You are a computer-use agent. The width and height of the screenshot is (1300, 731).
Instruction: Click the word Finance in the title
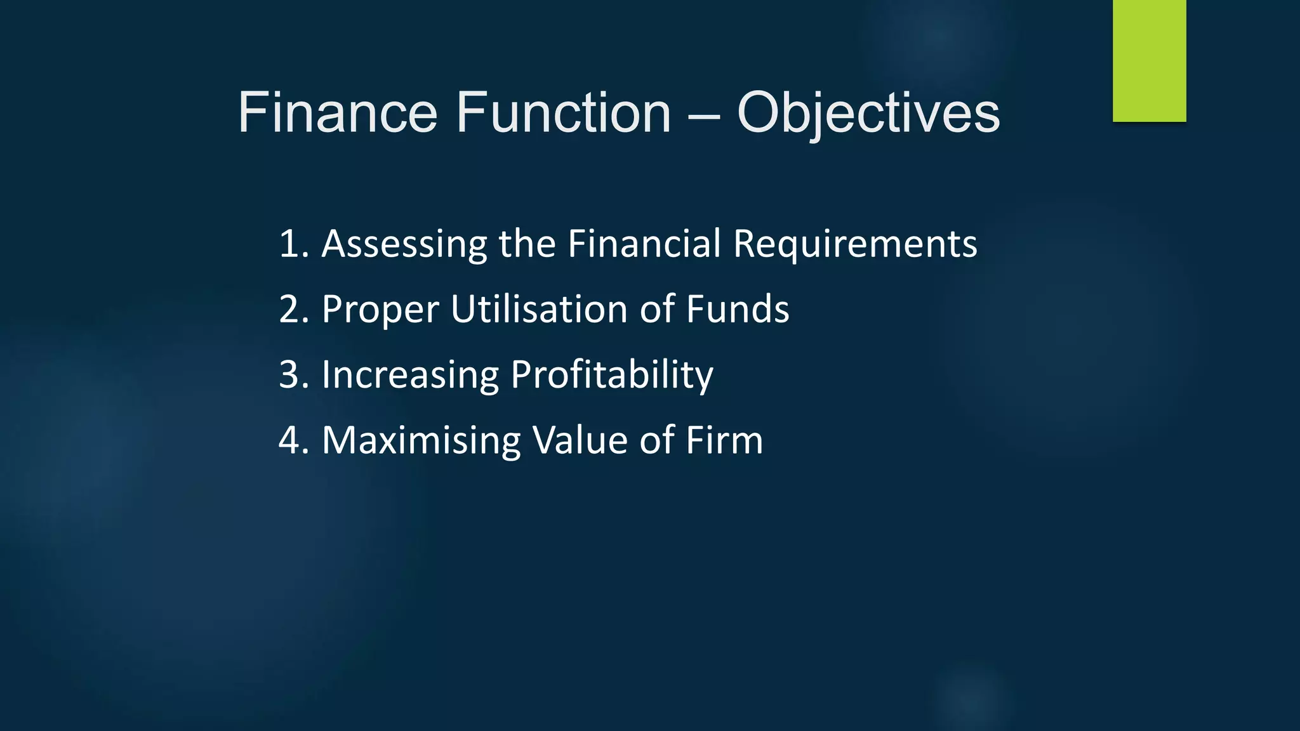(x=337, y=113)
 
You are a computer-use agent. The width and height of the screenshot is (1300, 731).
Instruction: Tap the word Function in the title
(x=563, y=113)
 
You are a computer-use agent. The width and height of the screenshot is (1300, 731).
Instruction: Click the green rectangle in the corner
(x=1149, y=60)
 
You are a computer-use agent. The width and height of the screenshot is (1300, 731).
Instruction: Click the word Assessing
(x=404, y=245)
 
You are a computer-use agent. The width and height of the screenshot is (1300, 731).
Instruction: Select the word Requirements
(x=855, y=245)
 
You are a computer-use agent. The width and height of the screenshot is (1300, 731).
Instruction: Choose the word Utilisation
(x=539, y=310)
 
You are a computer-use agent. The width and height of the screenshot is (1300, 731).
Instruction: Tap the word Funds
(x=738, y=310)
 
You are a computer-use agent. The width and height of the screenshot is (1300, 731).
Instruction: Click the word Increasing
(x=410, y=375)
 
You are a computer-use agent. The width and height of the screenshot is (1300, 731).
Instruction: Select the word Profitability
(x=612, y=375)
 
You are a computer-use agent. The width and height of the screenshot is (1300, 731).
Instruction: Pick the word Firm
(x=724, y=440)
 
